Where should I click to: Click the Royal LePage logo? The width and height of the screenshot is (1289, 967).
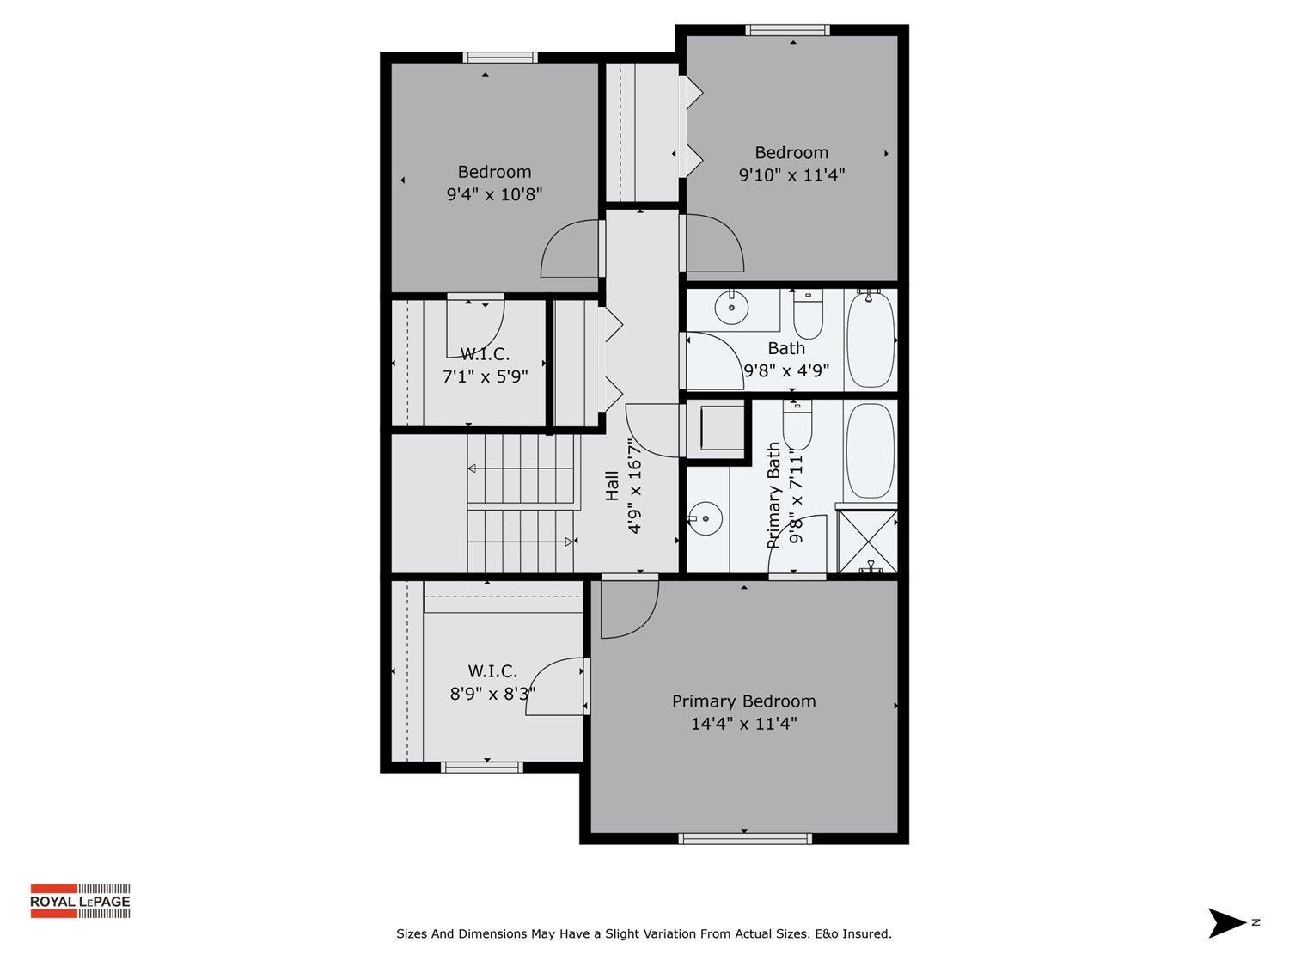80,901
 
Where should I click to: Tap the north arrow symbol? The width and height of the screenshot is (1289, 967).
1226,922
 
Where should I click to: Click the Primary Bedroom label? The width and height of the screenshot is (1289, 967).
743,701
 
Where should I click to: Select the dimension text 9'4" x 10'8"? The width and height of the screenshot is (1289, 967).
494,194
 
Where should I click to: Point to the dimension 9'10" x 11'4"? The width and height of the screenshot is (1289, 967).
791,175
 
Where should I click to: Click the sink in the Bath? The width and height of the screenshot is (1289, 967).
731,307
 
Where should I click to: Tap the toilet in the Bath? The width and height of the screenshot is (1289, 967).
808,315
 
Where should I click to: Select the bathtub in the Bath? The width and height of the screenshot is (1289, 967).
871,340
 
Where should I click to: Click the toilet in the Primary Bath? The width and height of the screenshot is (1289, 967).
797,426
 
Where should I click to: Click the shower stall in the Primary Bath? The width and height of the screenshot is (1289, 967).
867,541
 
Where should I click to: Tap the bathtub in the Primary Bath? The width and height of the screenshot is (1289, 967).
871,450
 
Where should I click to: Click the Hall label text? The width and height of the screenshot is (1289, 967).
612,485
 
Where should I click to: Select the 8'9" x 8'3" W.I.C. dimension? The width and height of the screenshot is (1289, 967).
492,693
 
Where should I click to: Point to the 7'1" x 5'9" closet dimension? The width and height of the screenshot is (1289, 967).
485,376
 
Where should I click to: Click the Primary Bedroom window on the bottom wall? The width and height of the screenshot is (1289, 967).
744,838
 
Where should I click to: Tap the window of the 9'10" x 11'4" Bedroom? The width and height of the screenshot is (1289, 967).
788,30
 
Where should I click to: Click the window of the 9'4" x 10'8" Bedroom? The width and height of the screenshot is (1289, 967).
500,58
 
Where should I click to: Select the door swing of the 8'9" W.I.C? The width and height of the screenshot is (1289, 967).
555,687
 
